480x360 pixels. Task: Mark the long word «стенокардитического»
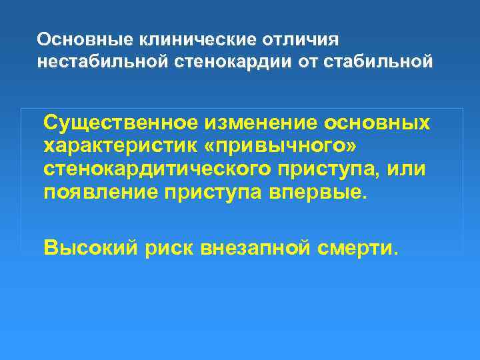point(157,169)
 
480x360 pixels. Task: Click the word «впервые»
point(315,193)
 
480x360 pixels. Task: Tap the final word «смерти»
point(365,249)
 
